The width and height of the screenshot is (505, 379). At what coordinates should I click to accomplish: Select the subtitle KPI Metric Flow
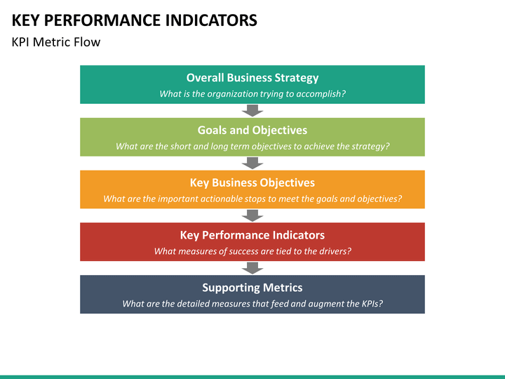coord(56,42)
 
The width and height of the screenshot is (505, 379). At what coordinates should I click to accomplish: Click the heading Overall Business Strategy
coord(252,78)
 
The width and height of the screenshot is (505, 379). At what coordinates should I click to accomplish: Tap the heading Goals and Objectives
coord(252,130)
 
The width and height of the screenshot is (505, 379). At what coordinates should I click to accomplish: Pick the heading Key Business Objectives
coord(252,182)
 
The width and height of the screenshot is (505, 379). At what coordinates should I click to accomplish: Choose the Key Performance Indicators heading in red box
coord(252,235)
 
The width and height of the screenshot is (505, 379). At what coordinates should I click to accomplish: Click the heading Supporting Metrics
coord(252,287)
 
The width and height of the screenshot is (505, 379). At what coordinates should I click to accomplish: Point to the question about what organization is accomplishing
coord(252,93)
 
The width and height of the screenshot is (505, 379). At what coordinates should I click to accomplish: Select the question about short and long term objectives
coord(252,146)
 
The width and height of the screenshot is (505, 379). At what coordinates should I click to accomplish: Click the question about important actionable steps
coord(252,199)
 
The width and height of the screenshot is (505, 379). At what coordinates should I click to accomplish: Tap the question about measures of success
coord(252,251)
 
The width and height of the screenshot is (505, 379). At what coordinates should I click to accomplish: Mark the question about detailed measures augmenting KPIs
coord(252,304)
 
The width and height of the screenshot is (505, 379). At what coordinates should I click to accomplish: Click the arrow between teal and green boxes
coord(252,110)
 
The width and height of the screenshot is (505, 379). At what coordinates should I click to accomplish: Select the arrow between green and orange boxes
coord(252,163)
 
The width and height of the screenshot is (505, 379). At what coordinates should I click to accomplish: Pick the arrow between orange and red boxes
coord(252,215)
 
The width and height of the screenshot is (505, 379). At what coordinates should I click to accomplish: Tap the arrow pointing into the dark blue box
coord(252,267)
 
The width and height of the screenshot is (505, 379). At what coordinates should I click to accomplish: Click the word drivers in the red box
coord(333,251)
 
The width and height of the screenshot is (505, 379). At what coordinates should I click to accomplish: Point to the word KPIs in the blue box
coord(370,304)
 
